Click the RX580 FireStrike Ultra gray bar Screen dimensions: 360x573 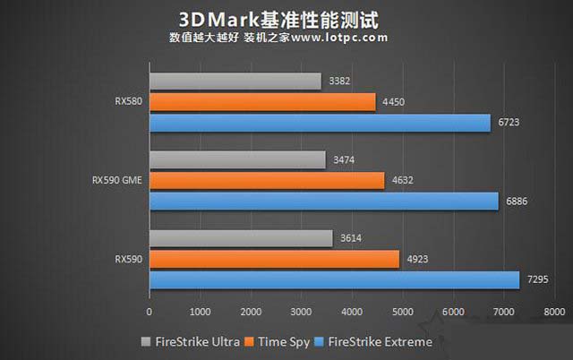coord(235,81)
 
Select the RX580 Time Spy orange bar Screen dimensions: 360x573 coord(261,102)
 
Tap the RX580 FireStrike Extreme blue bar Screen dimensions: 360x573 coord(320,123)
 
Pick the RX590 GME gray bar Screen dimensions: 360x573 coord(237,159)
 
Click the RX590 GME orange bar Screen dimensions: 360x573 coord(266,180)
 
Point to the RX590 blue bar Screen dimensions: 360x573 coord(334,279)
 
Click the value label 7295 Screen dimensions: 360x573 coord(539,279)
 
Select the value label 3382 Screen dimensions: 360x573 coord(340,81)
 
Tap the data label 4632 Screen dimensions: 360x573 coord(404,180)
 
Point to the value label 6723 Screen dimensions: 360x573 coord(510,123)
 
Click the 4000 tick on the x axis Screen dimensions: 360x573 coord(352,313)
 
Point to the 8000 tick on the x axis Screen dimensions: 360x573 coord(554,313)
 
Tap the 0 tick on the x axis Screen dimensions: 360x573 coord(150,313)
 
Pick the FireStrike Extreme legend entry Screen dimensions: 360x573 coord(375,341)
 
